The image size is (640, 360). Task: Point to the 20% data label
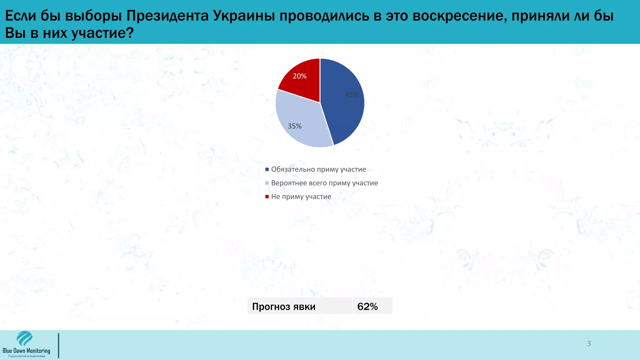pos(299,76)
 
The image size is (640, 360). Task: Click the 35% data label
pos(294,126)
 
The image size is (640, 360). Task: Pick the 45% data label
pos(352,95)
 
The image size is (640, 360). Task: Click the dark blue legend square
pos(267,169)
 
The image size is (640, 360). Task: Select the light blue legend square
pos(267,183)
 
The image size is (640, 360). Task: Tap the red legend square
pos(267,197)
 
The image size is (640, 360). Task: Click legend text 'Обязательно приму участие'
pos(318,169)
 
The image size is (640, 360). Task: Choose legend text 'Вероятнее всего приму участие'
pos(324,183)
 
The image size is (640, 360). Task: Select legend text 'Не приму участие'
pos(301,197)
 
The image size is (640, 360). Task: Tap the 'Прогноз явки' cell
pos(284,307)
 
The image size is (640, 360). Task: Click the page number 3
pos(589,344)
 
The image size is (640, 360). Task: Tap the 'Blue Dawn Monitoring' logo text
pos(26,351)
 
